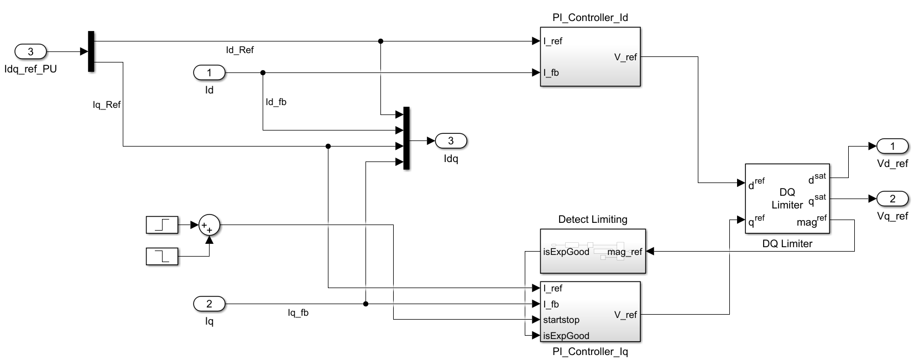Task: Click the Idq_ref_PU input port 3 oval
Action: tap(30, 52)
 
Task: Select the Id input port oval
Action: tap(209, 72)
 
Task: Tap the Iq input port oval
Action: tap(209, 304)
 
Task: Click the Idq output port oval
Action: tap(451, 141)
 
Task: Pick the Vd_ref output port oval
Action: tap(892, 146)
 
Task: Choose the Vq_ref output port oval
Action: tap(892, 199)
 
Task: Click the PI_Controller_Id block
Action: tap(590, 57)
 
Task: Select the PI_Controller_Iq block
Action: tap(590, 312)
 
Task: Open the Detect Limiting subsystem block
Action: tap(593, 252)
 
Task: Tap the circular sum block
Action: tap(209, 225)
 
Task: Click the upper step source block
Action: tap(163, 225)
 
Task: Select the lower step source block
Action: tap(163, 257)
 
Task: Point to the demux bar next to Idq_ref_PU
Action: tap(91, 51)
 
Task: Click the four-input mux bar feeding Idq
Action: tap(406, 138)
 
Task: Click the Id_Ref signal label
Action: tap(239, 50)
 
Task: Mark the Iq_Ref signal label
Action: tap(107, 105)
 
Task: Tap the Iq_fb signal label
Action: tap(298, 313)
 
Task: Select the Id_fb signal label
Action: tap(276, 102)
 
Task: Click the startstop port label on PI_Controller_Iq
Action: tap(561, 320)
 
